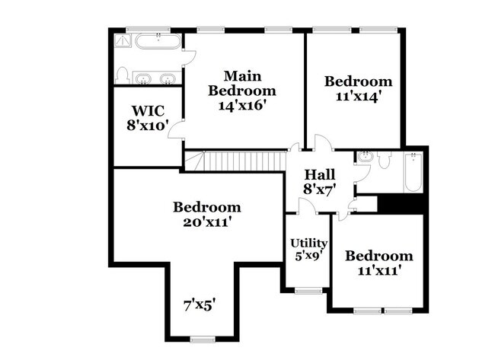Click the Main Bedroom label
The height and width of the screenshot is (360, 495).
click(x=242, y=83)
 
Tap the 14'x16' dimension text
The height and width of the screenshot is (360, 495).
click(x=241, y=105)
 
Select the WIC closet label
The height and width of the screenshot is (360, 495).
click(x=148, y=111)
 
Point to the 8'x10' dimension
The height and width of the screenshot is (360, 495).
click(x=146, y=126)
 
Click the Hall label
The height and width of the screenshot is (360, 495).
click(x=320, y=174)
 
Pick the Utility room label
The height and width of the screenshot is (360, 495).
click(x=308, y=244)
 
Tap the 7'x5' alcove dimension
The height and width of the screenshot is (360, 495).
click(x=200, y=305)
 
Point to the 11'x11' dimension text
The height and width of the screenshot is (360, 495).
click(x=379, y=270)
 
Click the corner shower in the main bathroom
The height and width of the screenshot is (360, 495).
click(x=122, y=40)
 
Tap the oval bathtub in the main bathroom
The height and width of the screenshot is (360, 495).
click(x=158, y=41)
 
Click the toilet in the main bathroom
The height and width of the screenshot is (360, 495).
click(x=122, y=75)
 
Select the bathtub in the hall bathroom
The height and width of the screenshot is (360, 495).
click(x=414, y=172)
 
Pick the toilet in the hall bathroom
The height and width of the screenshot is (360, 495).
click(x=384, y=161)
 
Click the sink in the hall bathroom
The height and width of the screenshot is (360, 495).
click(x=366, y=157)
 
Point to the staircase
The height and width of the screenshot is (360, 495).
click(x=235, y=161)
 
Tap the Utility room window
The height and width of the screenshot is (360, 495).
click(x=308, y=291)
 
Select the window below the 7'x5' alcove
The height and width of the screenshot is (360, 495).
click(x=203, y=339)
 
